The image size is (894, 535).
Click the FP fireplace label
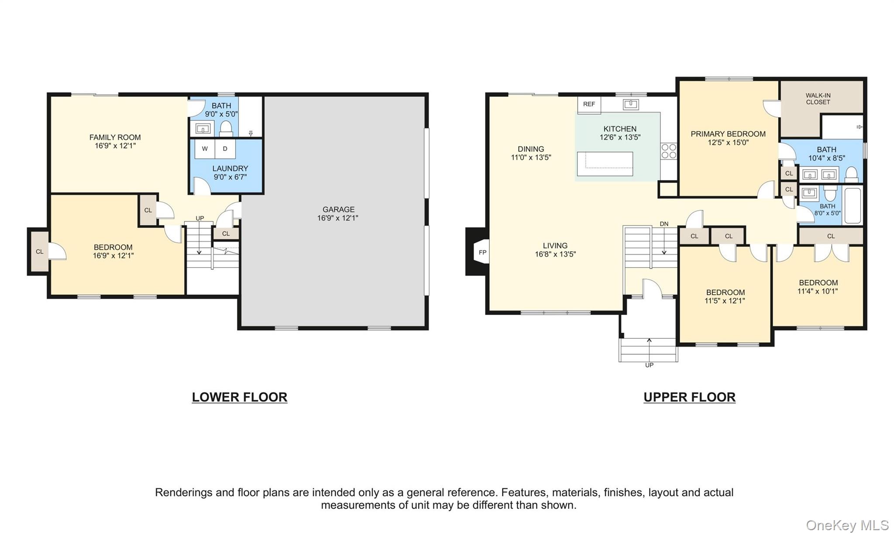(482, 252)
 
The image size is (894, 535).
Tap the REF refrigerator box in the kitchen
(589, 104)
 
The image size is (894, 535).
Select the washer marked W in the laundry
(205, 149)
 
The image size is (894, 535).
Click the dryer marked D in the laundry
(225, 149)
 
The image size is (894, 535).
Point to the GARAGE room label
(338, 209)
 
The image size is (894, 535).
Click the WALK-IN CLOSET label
(818, 99)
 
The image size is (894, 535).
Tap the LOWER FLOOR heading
(240, 397)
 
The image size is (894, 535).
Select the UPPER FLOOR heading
(689, 397)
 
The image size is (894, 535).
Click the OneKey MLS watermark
(847, 525)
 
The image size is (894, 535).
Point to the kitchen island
(605, 164)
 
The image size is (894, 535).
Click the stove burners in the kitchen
(668, 151)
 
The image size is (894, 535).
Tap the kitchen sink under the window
(630, 104)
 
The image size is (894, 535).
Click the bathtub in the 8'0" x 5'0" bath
(852, 205)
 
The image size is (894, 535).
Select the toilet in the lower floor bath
(226, 128)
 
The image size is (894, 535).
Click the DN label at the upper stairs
(664, 224)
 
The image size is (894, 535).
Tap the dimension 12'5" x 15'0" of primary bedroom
(728, 142)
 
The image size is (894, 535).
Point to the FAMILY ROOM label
(115, 137)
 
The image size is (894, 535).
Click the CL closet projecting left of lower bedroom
(39, 252)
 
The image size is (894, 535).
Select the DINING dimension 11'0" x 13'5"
(531, 157)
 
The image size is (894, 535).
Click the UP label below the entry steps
(649, 365)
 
